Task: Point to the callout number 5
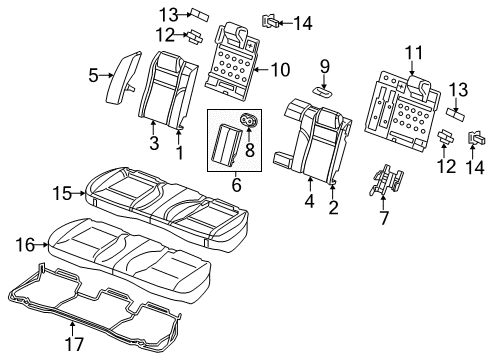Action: pyautogui.click(x=92, y=74)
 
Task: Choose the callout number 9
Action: pyautogui.click(x=324, y=67)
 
